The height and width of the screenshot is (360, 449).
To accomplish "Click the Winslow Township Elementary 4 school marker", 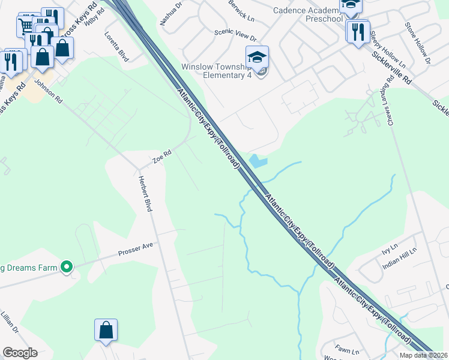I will [257, 58].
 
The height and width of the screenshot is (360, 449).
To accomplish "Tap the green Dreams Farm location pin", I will [67, 267].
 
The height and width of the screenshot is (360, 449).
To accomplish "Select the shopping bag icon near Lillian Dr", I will [106, 330].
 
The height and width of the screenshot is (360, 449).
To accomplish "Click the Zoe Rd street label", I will [162, 157].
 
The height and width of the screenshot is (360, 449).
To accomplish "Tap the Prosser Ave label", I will [136, 253].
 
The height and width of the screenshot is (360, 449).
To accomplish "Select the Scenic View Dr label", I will [235, 37].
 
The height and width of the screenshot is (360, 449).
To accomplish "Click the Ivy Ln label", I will [390, 247].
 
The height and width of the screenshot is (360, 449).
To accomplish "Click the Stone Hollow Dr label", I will [418, 43].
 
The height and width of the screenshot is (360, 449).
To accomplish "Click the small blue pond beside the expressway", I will [257, 161].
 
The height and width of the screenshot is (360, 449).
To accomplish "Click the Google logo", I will [20, 353].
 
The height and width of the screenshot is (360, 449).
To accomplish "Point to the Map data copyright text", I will [424, 355].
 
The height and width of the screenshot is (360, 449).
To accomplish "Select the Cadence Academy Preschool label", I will [307, 14].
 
